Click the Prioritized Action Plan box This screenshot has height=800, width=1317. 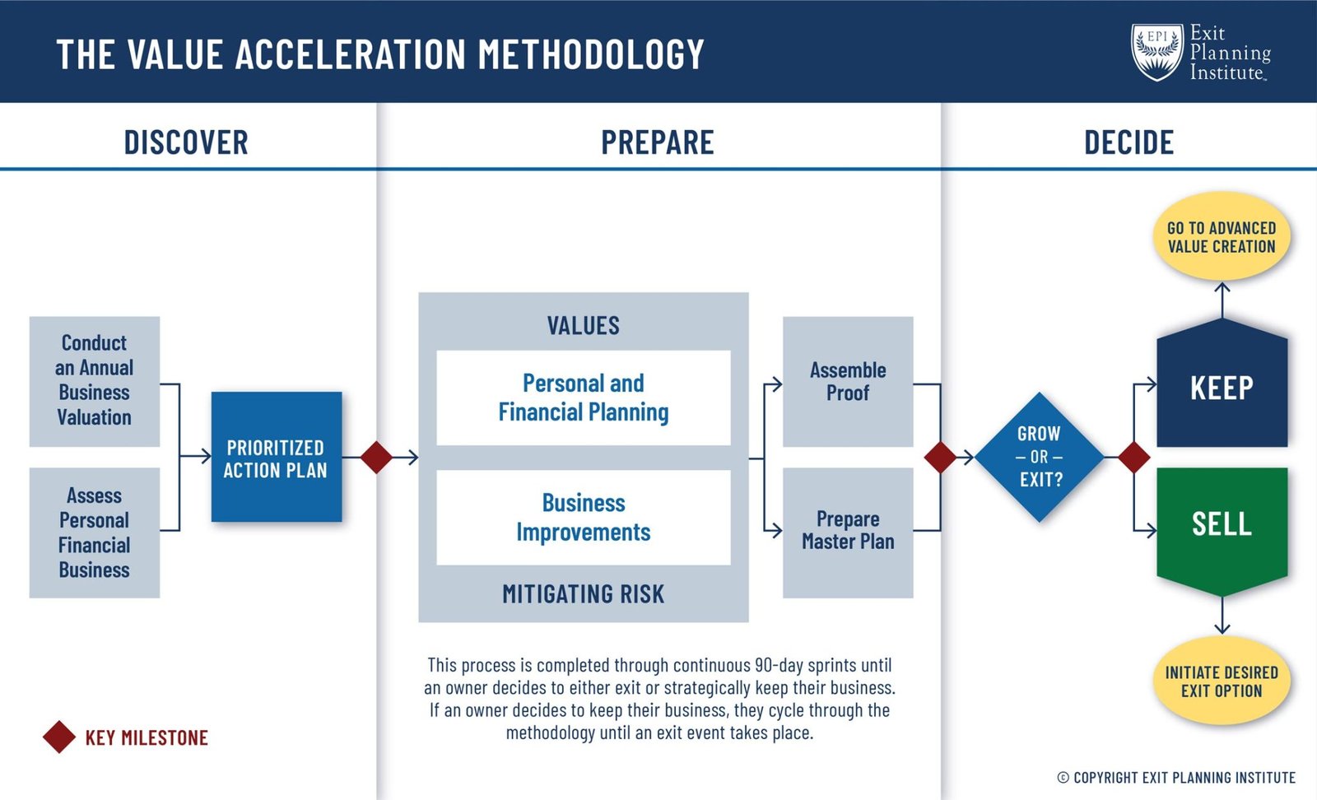276,457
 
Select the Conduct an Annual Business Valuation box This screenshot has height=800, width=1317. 94,381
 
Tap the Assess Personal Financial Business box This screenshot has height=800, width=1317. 94,533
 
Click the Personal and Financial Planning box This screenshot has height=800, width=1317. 583,398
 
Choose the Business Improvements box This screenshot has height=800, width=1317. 583,517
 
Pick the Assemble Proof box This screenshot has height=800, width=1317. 847,381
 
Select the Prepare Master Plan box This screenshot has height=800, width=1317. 847,532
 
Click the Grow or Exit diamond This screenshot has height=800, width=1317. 1039,457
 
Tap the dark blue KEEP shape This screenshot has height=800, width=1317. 1222,387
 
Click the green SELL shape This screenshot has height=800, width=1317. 1222,524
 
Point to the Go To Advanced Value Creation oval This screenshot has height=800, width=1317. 1222,237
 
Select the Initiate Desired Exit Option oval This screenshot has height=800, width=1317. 1222,681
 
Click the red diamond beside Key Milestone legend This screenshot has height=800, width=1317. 59,737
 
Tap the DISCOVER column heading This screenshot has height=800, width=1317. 186,142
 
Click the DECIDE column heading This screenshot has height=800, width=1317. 1129,142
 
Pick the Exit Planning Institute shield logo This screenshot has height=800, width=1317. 1156,52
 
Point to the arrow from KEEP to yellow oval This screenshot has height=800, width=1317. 1222,300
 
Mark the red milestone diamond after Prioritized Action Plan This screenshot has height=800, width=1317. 376,457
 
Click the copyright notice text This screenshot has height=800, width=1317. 1176,777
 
